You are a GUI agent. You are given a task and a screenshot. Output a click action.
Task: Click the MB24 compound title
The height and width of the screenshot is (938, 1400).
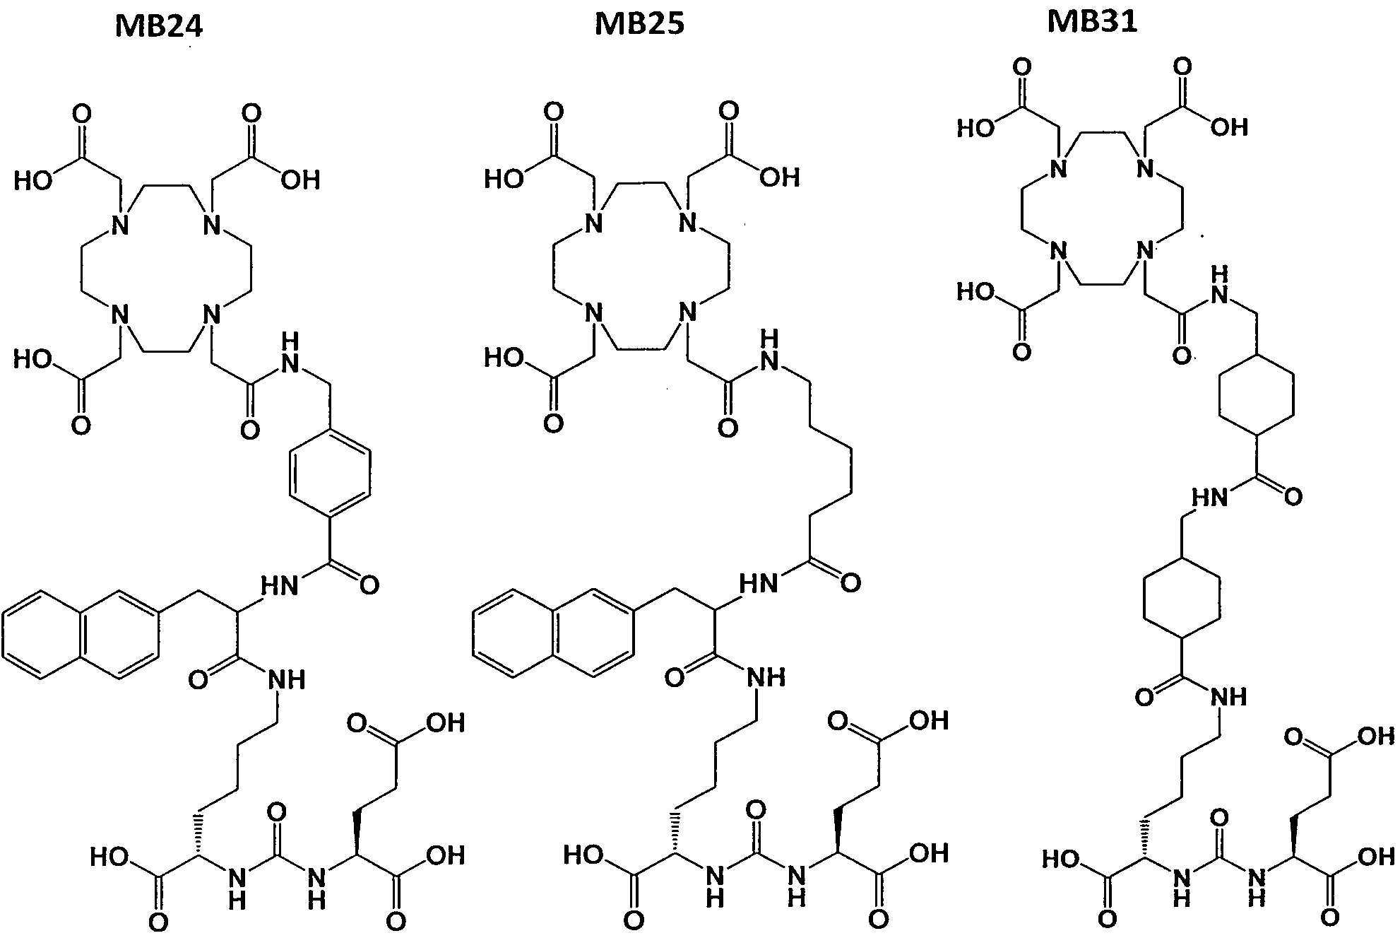[159, 26]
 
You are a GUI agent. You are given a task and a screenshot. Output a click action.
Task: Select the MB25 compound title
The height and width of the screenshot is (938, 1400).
[639, 24]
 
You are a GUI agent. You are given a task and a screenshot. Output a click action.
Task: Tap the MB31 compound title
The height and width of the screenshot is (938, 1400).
[1092, 21]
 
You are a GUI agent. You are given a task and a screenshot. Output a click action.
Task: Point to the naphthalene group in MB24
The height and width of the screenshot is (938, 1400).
[81, 634]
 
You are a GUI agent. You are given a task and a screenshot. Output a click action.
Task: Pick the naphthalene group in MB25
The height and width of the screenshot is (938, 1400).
[553, 633]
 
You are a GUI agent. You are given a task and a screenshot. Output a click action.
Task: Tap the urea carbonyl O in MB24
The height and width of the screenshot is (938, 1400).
[277, 811]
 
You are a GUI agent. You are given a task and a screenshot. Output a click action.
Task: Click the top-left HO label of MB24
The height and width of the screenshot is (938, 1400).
[33, 181]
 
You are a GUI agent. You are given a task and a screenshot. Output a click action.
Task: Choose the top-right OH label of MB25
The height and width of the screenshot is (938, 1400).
[781, 177]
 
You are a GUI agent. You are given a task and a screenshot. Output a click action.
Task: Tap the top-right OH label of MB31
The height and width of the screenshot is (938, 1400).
[1230, 127]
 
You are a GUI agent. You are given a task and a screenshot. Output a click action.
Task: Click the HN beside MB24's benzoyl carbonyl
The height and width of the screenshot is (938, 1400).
[280, 585]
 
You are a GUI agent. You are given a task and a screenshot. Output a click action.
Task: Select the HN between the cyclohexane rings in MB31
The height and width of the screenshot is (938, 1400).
[1210, 498]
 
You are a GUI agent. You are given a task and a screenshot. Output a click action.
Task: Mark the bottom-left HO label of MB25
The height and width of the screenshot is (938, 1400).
[583, 856]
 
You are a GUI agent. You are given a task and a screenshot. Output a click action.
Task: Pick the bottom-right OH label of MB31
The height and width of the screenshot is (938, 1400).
[1377, 857]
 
